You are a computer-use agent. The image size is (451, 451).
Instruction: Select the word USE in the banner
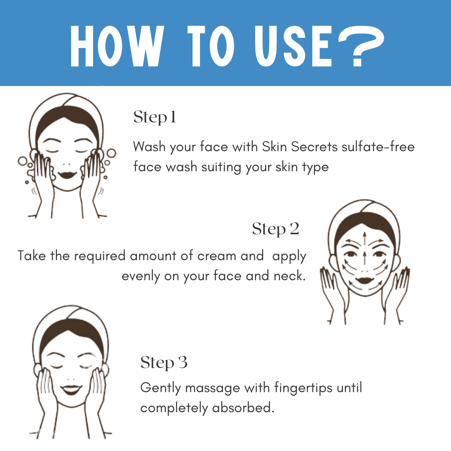(294, 46)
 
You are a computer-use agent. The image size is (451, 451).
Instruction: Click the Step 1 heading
(155, 117)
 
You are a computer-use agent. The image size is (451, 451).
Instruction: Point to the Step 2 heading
(276, 229)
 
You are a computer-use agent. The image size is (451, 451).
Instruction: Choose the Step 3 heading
(164, 363)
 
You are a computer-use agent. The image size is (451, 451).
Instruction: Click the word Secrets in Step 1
(314, 147)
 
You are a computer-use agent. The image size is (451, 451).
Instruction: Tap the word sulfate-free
(378, 147)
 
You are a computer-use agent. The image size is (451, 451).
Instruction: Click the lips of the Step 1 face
(67, 175)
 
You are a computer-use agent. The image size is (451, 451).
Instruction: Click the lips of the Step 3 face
(71, 390)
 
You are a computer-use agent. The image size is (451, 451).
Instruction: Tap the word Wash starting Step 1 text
(149, 147)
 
